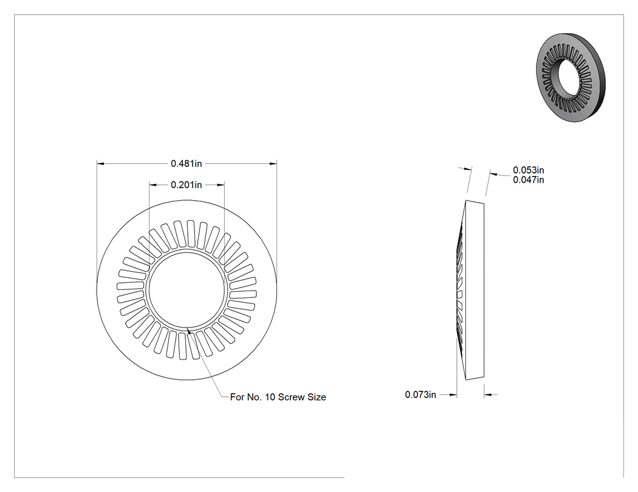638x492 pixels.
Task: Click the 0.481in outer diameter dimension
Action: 187,164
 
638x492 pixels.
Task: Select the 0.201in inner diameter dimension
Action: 187,185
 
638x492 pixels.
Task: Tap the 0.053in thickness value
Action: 528,170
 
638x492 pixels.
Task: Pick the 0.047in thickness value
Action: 528,180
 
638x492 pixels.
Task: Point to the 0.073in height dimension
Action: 420,394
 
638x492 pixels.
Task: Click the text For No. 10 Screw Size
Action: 278,397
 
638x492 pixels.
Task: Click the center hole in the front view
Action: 187,289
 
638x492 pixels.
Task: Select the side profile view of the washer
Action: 470,290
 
